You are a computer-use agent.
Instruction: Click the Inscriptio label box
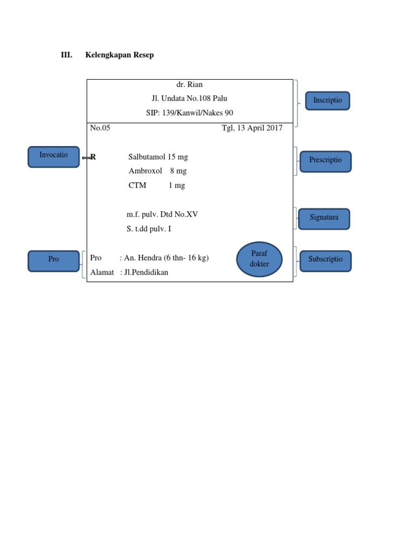[327, 101]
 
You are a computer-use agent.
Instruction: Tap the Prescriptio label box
[325, 161]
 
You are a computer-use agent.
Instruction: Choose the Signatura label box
[324, 218]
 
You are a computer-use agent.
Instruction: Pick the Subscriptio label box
[325, 260]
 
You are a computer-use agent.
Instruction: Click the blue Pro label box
[53, 260]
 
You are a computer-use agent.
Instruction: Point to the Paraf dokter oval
[260, 259]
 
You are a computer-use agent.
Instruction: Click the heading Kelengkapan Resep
[119, 55]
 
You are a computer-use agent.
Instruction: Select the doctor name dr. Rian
[189, 85]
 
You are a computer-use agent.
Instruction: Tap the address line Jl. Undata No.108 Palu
[189, 99]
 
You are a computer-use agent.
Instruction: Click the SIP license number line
[189, 113]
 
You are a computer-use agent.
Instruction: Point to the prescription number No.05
[100, 128]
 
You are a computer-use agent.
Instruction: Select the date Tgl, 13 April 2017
[252, 128]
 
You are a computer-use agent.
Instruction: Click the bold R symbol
[93, 157]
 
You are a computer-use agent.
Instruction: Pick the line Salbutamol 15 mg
[158, 157]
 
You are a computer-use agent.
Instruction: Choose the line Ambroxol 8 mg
[157, 171]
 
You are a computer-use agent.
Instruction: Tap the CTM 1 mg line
[156, 185]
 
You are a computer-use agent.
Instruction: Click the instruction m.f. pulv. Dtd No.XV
[162, 215]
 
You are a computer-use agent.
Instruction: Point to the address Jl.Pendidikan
[146, 272]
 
